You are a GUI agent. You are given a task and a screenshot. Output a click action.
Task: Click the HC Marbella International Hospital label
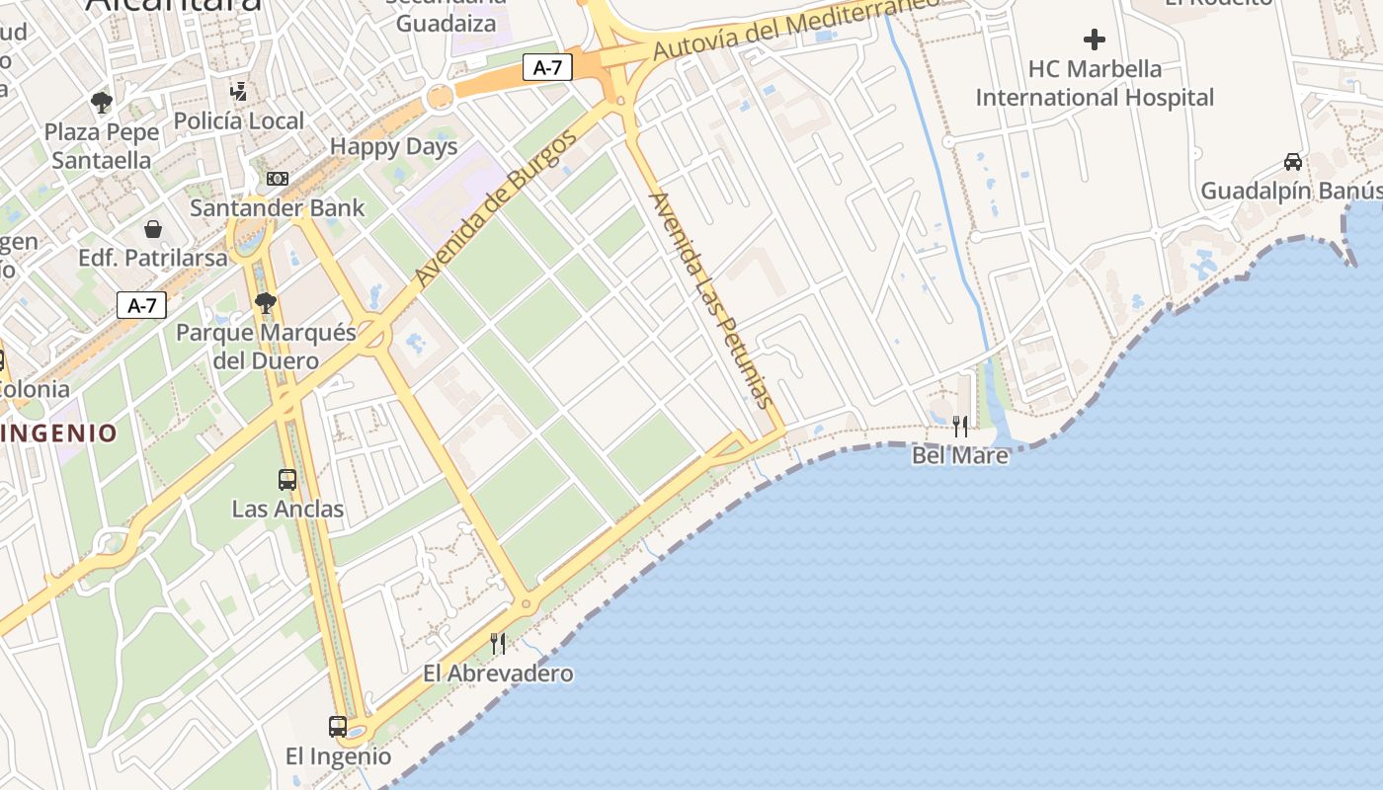click(x=1095, y=83)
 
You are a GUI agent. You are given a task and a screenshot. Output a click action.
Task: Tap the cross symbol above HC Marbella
click(x=1095, y=40)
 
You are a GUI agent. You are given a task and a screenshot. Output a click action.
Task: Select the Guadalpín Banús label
click(x=1290, y=191)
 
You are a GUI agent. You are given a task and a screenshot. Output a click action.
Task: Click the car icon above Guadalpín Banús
click(x=1292, y=161)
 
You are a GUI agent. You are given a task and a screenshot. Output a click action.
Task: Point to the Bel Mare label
click(x=960, y=455)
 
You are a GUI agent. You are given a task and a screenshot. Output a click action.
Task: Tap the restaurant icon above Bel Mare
click(x=960, y=427)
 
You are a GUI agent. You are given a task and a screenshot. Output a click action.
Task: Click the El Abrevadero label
click(x=498, y=673)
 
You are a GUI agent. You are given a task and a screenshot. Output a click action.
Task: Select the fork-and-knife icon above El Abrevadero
click(x=498, y=644)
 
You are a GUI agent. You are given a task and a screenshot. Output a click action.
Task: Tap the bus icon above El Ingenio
click(x=338, y=727)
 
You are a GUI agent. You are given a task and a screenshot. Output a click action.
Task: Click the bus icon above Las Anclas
click(x=287, y=480)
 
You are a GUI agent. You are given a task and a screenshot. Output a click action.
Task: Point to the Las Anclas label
click(x=287, y=510)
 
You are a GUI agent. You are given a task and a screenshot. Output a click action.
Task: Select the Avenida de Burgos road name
click(x=496, y=208)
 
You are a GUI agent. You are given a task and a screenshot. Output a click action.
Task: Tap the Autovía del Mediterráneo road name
click(x=795, y=28)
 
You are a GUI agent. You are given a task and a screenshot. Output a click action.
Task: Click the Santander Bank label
click(x=277, y=208)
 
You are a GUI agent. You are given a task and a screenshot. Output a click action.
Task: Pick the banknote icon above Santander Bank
click(x=278, y=179)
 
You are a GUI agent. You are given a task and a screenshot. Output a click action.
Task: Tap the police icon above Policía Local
click(x=238, y=92)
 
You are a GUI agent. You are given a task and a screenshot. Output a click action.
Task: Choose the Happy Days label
click(x=393, y=147)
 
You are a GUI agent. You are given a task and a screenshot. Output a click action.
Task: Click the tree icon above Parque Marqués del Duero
click(x=265, y=302)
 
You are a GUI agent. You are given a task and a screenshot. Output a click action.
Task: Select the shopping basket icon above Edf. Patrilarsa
click(x=153, y=229)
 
